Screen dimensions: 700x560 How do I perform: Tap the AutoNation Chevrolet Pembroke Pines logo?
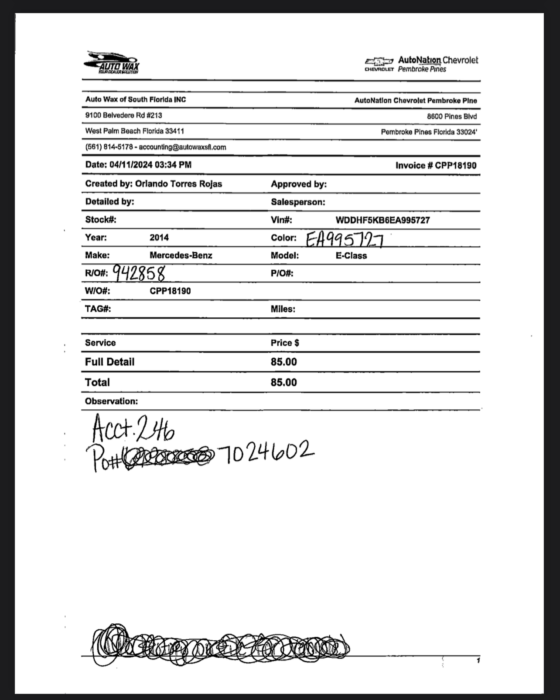point(422,64)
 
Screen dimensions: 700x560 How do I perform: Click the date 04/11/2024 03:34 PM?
point(150,165)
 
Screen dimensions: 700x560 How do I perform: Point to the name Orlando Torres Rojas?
point(178,183)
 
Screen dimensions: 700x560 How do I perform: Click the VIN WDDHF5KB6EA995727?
point(382,220)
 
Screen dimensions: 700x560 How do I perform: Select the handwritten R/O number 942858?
point(139,273)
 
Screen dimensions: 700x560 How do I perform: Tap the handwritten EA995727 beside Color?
point(345,239)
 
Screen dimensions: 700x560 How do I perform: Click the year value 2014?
point(159,238)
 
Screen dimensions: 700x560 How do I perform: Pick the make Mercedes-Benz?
point(181,255)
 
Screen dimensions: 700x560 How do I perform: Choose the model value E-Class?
point(351,256)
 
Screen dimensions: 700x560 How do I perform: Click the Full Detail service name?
point(110,362)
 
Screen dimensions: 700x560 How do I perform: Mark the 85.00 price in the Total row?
point(283,382)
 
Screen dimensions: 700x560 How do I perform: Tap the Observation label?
point(111,401)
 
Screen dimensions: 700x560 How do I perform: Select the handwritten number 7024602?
point(268,452)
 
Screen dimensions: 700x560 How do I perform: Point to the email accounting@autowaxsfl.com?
point(182,147)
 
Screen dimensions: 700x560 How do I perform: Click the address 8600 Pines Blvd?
point(452,116)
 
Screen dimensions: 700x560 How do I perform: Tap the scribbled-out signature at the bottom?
point(220,646)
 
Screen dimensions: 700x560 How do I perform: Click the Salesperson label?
point(298,202)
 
